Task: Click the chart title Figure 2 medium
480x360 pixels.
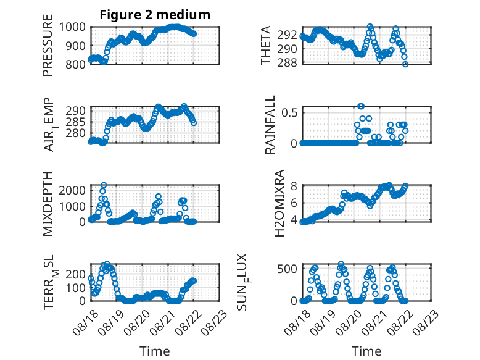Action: pos(155,15)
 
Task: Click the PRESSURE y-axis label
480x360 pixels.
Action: pos(48,45)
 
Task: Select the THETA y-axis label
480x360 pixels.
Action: pos(266,45)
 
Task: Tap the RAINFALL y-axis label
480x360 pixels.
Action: pos(270,125)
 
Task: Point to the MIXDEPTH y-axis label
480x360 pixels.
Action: pos(48,204)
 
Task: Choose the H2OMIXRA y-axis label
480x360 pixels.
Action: pos(279,203)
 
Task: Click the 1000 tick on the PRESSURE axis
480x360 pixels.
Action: pos(72,27)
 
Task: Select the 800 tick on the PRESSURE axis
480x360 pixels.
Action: pos(75,64)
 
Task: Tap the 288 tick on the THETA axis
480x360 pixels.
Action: pos(287,62)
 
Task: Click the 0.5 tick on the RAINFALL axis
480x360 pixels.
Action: pos(289,112)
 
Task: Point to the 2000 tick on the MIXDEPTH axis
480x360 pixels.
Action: pos(72,191)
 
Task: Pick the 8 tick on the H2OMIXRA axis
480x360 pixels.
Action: pos(294,186)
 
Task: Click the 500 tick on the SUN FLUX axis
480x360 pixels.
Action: pos(287,269)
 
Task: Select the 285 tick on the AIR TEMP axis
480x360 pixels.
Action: pos(75,122)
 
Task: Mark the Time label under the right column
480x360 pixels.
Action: pos(366,351)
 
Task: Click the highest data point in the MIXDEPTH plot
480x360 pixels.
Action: pos(104,185)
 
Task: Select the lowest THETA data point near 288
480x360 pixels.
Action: pos(405,64)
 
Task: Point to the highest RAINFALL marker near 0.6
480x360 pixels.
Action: pos(361,106)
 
